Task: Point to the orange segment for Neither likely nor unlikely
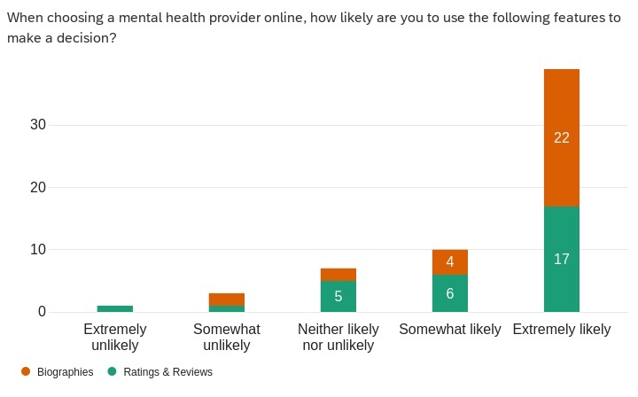tap(338, 275)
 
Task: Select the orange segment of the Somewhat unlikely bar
tap(226, 300)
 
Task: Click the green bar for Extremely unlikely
tap(114, 308)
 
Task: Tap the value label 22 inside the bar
tap(561, 137)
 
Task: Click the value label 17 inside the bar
tap(561, 259)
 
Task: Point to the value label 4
tap(449, 262)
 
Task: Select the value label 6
tap(449, 293)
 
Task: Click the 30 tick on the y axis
tap(37, 125)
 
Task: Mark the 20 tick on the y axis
tap(37, 187)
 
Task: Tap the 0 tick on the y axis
tap(41, 312)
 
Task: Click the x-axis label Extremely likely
tap(561, 330)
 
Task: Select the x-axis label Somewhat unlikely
tap(226, 337)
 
